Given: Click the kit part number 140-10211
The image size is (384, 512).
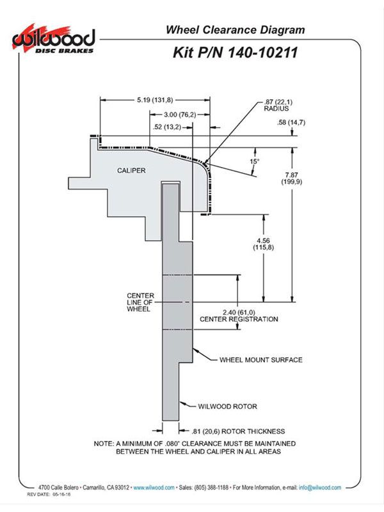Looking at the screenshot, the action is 262,52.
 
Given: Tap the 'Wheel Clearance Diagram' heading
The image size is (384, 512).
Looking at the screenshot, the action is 235,29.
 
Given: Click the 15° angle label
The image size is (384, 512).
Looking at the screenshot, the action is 254,161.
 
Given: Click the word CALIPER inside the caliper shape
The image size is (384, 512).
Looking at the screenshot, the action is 131,170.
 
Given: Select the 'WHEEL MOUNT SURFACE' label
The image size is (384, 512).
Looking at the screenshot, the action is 261,360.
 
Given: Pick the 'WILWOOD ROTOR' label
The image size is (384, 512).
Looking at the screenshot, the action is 228,406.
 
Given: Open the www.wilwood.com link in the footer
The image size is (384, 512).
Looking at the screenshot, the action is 154,488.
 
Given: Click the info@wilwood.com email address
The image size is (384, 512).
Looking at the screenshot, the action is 320,488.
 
